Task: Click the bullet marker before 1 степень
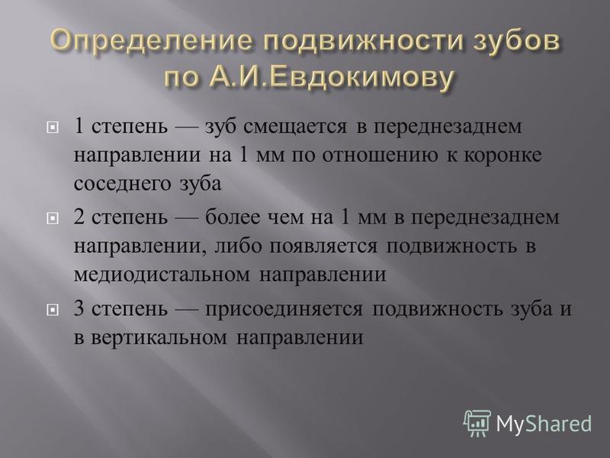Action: click(x=52, y=127)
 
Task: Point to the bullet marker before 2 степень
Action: click(x=52, y=218)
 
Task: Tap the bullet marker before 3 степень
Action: click(x=52, y=310)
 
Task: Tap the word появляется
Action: click(x=323, y=247)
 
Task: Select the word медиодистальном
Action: click(x=162, y=275)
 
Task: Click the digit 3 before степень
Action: click(x=79, y=309)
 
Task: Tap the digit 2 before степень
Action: click(x=79, y=218)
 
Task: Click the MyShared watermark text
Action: click(x=544, y=423)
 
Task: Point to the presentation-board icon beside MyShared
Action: click(x=477, y=423)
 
